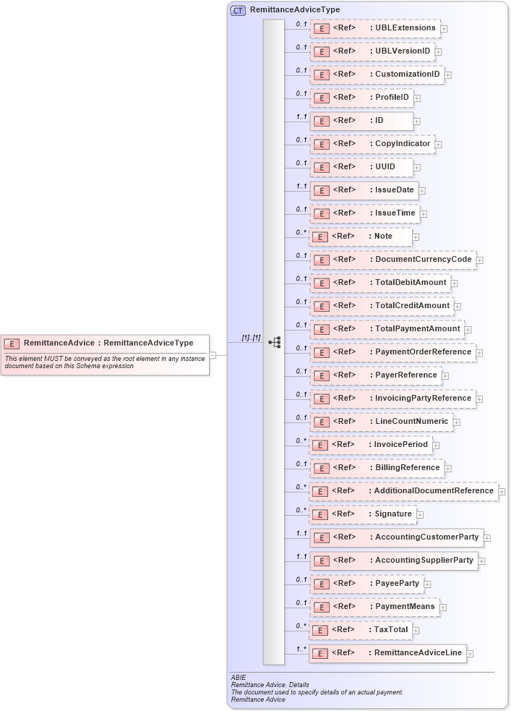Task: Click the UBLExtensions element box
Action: tap(375, 28)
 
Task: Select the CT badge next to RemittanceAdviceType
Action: tap(237, 10)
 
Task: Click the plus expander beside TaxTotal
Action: tap(417, 631)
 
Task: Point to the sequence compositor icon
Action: tap(274, 341)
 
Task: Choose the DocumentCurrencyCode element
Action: tap(392, 260)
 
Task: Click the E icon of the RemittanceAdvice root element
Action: tap(12, 344)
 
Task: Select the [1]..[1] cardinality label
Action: tap(251, 338)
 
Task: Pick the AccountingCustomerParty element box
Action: tap(396, 537)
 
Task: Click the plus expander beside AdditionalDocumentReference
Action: tap(502, 492)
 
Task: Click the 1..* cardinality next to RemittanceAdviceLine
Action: tap(301, 649)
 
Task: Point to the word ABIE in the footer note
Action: tap(239, 678)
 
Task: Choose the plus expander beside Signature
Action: tap(421, 515)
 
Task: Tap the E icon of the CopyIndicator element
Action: tap(322, 144)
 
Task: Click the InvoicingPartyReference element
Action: tap(392, 399)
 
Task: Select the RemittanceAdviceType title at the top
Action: tap(294, 10)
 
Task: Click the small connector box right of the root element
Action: tap(212, 355)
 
